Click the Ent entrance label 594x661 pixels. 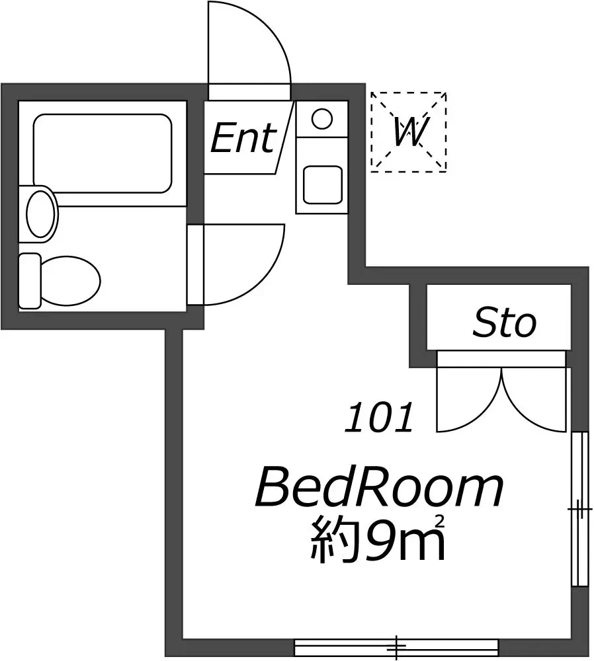243,138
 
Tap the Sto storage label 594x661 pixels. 505,323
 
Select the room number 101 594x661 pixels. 378,417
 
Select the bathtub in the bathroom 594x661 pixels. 103,153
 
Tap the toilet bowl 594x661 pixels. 70,280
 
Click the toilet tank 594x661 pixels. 30,280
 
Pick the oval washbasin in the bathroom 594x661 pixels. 42,214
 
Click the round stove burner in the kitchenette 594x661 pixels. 322,118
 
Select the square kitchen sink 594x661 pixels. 323,184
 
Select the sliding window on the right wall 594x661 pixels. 579,509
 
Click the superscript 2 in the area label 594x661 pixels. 441,521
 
